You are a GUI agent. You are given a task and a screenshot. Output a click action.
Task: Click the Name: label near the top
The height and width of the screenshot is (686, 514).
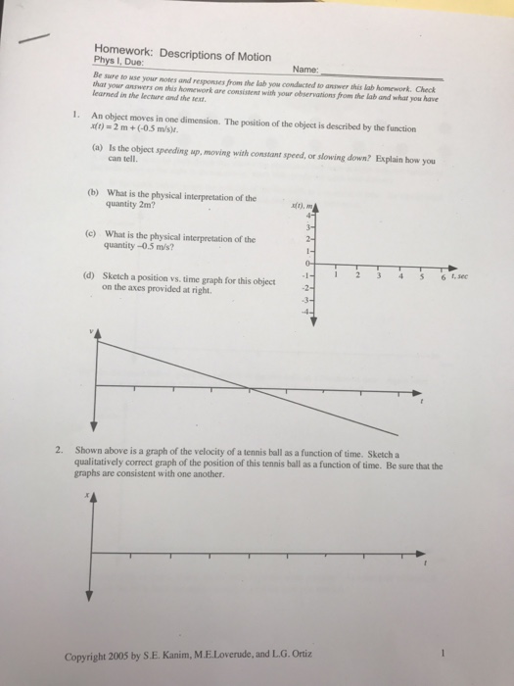pyautogui.click(x=304, y=71)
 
